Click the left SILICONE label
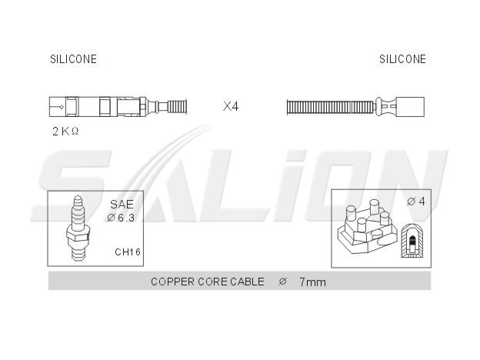(74, 59)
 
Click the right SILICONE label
(402, 59)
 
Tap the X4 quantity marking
(231, 106)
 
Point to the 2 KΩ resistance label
(65, 132)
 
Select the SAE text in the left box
(122, 204)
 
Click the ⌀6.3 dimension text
(121, 218)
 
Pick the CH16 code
(128, 252)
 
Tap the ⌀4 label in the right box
(416, 202)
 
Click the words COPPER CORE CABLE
(208, 282)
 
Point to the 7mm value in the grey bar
(312, 282)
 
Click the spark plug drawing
(78, 228)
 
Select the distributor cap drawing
(368, 226)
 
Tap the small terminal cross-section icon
(412, 241)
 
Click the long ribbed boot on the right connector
(331, 107)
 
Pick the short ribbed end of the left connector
(177, 107)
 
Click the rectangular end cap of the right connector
(410, 107)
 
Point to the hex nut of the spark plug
(78, 237)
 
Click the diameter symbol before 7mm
(282, 282)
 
